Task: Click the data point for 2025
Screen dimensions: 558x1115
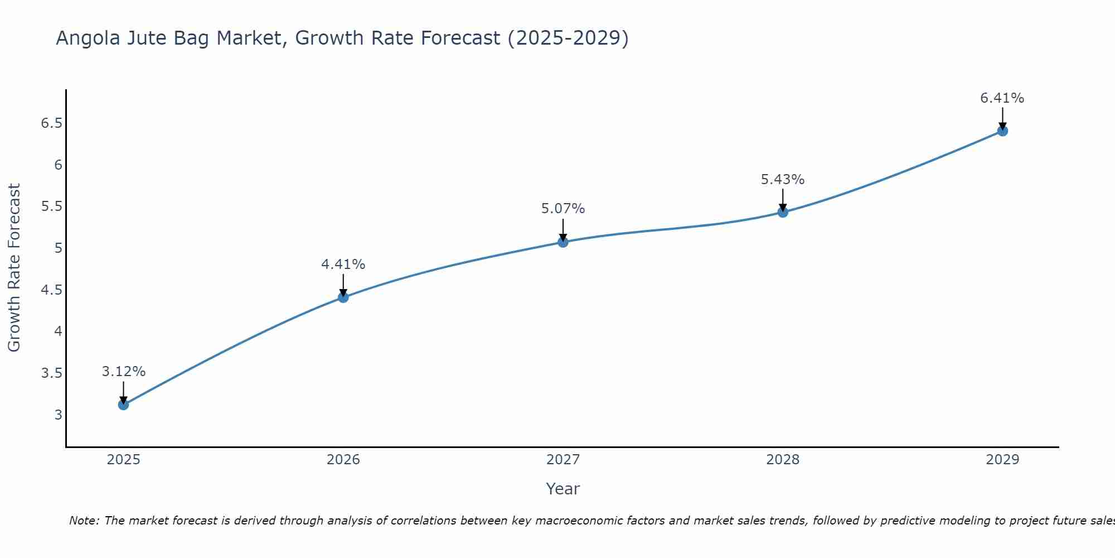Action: click(x=123, y=405)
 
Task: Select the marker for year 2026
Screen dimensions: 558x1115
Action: click(x=343, y=297)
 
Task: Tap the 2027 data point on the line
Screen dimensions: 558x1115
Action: click(x=563, y=242)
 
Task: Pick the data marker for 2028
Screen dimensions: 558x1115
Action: click(x=783, y=212)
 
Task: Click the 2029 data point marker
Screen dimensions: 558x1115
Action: click(x=1002, y=131)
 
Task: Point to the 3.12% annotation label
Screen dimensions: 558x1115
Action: click(x=123, y=372)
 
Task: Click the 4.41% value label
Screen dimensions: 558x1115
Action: click(x=343, y=264)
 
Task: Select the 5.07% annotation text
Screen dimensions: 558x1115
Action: click(x=563, y=209)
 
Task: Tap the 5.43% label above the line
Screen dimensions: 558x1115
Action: click(x=783, y=180)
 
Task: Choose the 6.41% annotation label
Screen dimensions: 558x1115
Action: click(x=1002, y=98)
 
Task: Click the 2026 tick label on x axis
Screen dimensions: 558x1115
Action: click(x=343, y=460)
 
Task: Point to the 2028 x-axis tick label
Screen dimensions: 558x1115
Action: click(x=783, y=460)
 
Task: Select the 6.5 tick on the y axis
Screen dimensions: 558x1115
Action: click(x=51, y=123)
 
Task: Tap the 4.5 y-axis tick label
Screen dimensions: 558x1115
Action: click(x=51, y=290)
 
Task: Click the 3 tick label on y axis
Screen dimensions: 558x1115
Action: click(x=59, y=415)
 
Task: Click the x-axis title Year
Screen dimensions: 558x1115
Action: click(x=563, y=489)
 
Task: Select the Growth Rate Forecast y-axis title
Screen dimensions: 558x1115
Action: click(x=14, y=268)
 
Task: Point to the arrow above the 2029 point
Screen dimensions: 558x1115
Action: click(x=1002, y=118)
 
